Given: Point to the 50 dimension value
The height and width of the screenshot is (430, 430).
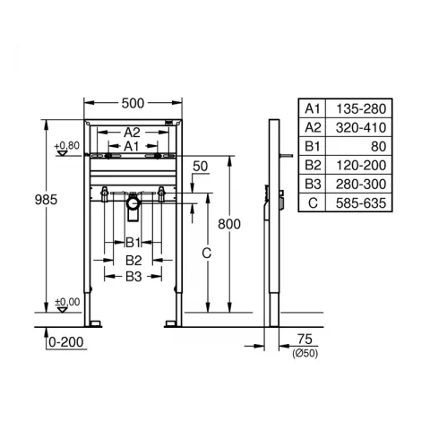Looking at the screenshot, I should click(x=199, y=166).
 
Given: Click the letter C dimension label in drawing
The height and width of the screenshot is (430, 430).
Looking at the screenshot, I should click(x=206, y=254).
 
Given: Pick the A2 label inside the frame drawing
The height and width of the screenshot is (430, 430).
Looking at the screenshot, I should click(x=132, y=130).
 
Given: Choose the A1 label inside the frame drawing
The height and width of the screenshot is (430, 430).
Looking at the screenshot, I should click(x=132, y=144).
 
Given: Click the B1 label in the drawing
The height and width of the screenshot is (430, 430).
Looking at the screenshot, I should click(x=132, y=242).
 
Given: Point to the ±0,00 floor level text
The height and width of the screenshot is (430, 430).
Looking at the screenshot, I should click(x=65, y=302).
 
